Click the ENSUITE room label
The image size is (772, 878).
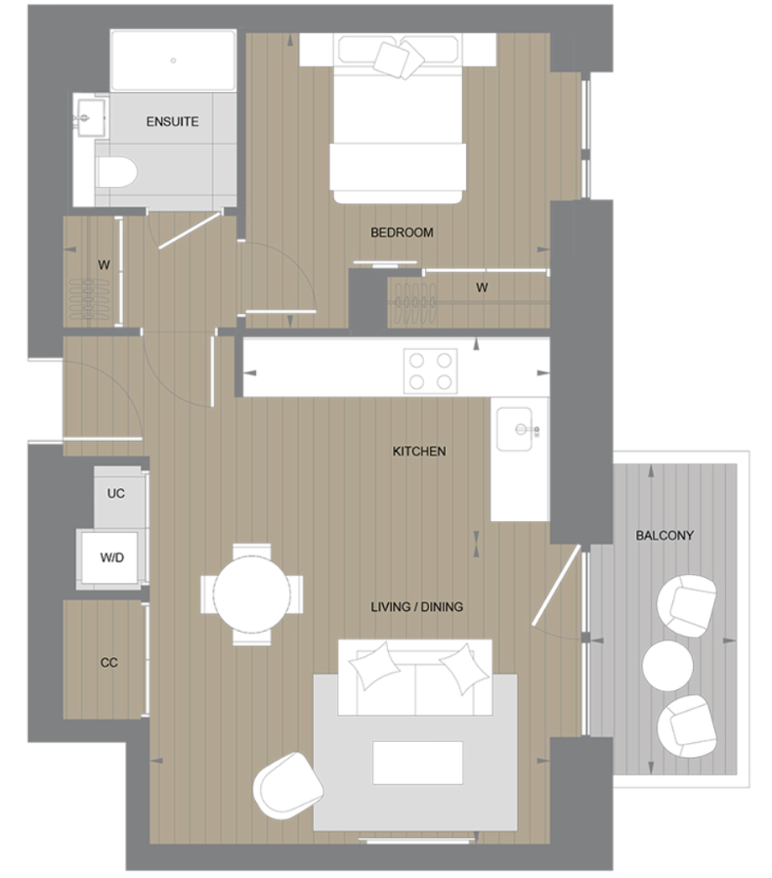[x=172, y=122]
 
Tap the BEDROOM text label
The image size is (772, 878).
[x=401, y=233]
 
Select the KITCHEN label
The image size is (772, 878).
[x=418, y=452]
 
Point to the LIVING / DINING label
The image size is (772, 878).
[x=416, y=607]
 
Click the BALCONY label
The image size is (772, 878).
[x=665, y=536]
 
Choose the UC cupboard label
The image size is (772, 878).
[x=115, y=494]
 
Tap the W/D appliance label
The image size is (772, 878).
[x=113, y=558]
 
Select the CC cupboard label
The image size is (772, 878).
[x=108, y=662]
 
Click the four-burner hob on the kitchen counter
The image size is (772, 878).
[x=431, y=371]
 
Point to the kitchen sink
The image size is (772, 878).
[x=519, y=428]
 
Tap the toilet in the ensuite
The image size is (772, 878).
[x=116, y=173]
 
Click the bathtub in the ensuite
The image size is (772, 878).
[x=173, y=61]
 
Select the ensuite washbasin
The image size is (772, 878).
[x=89, y=117]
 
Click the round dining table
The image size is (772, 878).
[x=252, y=593]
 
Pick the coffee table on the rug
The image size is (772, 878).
[x=418, y=762]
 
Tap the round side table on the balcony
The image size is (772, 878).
[x=667, y=665]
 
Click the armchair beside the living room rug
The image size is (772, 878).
[x=287, y=786]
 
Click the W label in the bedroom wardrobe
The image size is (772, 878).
[x=481, y=287]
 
